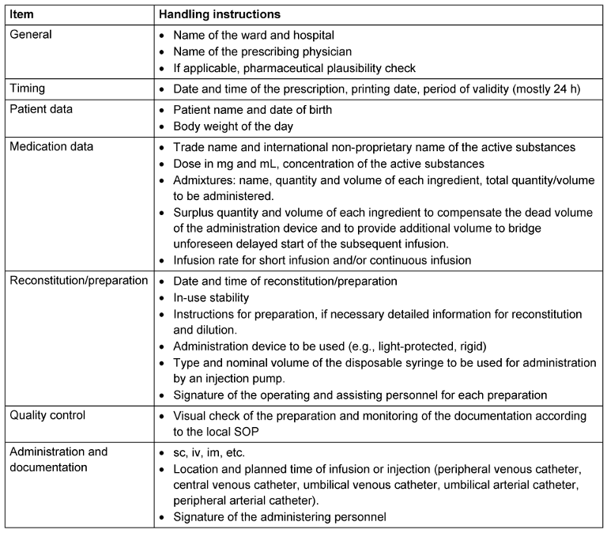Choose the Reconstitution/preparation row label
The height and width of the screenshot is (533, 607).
tap(78, 282)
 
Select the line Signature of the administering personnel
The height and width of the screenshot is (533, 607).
tap(280, 517)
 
